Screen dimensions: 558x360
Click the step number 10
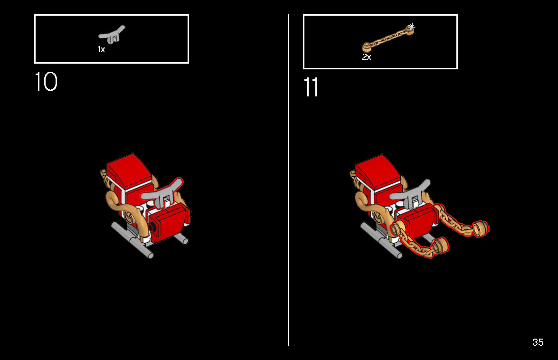tap(46, 82)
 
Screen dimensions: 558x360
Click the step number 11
tap(311, 87)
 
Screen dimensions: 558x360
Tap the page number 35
tap(538, 342)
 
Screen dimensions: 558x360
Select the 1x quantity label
tap(102, 49)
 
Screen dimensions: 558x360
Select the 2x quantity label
tap(367, 57)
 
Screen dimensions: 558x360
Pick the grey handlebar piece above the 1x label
tap(112, 35)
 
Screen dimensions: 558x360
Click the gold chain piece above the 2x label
tap(388, 38)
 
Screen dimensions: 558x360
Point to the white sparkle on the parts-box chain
tap(411, 26)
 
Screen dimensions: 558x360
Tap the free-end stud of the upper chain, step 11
tap(481, 229)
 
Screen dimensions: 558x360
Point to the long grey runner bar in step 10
tap(132, 240)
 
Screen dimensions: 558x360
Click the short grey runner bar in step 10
tap(181, 238)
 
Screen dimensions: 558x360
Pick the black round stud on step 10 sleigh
tap(152, 227)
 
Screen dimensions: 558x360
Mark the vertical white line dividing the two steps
tap(288, 180)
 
